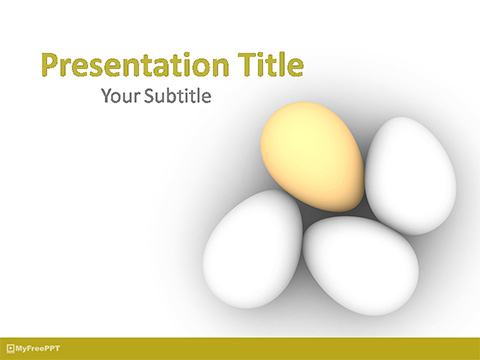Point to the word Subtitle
(179, 97)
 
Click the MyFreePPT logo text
(36, 349)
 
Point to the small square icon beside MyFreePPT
(10, 349)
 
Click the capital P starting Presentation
(50, 66)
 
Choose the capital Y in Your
(108, 97)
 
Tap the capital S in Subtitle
(152, 97)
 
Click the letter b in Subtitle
(176, 97)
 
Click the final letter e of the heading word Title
(294, 68)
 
